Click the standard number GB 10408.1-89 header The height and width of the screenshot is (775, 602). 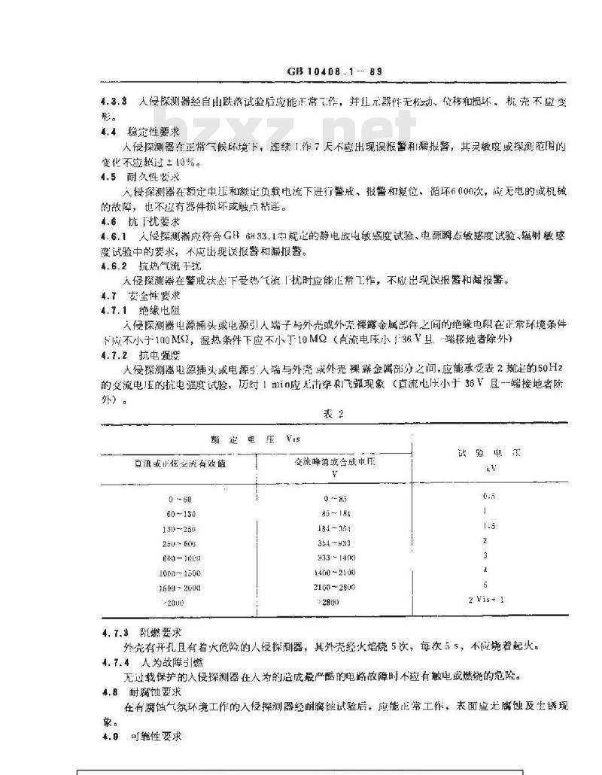click(336, 72)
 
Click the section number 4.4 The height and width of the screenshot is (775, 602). click(108, 130)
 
